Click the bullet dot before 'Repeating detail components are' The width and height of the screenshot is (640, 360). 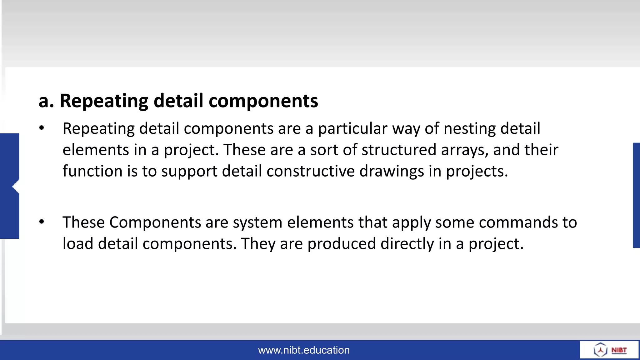[42, 128]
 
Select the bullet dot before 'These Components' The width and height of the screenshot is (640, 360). [42, 222]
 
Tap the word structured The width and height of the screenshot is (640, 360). [399, 150]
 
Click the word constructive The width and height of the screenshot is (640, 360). [310, 171]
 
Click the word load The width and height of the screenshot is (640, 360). [78, 243]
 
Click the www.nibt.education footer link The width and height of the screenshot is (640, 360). [304, 350]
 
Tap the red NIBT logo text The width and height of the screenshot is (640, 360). [619, 350]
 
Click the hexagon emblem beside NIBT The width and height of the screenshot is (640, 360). [600, 350]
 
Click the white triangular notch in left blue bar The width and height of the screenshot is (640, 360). [16, 187]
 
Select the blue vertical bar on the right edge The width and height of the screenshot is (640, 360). [636, 195]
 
